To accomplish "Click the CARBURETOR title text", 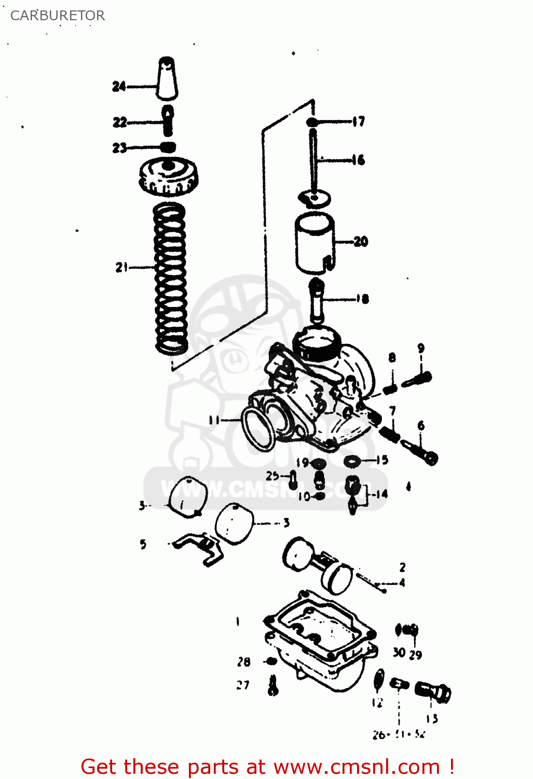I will click(x=58, y=16).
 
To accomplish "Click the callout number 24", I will click(x=119, y=86).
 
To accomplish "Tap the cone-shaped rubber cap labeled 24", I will click(x=167, y=79).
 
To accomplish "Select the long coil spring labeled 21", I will click(x=170, y=278).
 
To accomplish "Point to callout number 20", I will click(x=361, y=241).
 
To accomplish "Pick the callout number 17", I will click(x=359, y=122).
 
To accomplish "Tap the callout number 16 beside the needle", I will click(x=358, y=160).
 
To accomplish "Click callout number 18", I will click(x=362, y=299).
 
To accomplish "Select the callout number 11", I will click(x=214, y=420).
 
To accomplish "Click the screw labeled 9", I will click(x=418, y=379).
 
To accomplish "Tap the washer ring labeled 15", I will click(x=353, y=460).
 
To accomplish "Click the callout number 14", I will click(x=382, y=494).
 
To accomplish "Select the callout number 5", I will click(x=143, y=544).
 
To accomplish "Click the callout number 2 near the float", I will click(x=402, y=567).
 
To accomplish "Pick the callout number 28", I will click(x=243, y=662).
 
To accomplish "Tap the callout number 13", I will click(x=432, y=719).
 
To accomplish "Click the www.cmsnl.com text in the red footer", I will click(x=357, y=767).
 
